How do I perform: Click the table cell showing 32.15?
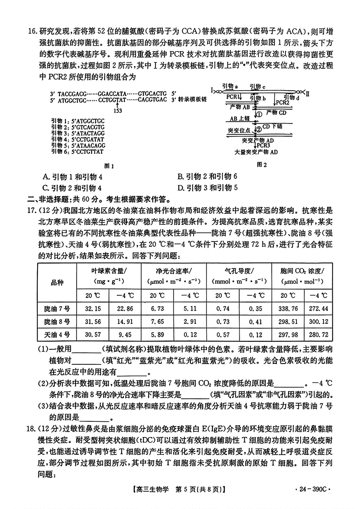(x=93, y=309)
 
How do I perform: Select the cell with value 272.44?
(x=318, y=309)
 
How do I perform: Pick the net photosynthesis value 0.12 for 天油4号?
(x=190, y=335)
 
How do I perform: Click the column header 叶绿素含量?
(x=109, y=271)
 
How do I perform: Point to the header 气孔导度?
(x=239, y=271)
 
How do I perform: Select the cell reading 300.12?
(x=318, y=322)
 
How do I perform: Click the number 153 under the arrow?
(x=118, y=111)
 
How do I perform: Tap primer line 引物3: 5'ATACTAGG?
(x=78, y=133)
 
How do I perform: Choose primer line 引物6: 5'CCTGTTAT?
(x=77, y=152)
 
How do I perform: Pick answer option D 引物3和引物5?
(x=208, y=188)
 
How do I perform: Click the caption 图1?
(x=109, y=166)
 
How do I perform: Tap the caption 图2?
(x=262, y=164)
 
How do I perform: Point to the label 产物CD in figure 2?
(x=276, y=113)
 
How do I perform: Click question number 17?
(x=31, y=211)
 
